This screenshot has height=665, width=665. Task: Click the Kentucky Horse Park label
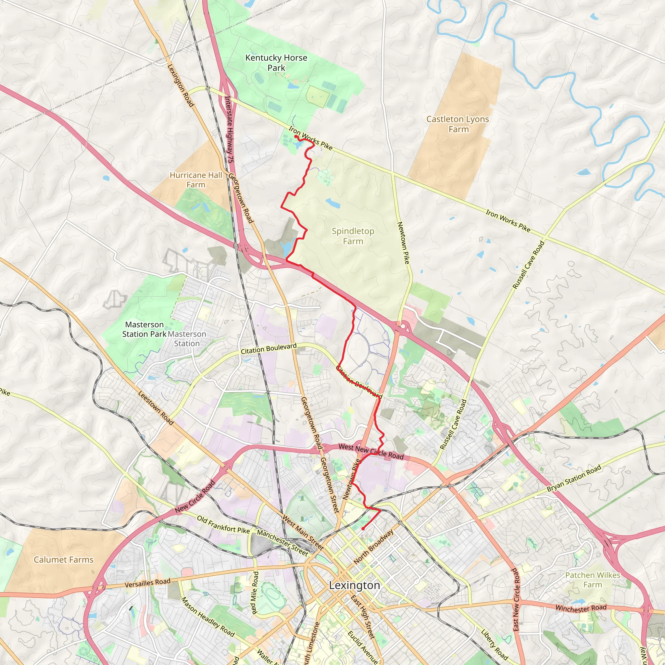coord(276,63)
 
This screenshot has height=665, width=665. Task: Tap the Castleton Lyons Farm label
coord(458,124)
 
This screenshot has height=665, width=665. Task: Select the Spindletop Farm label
coord(353,236)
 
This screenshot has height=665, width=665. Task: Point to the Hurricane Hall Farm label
coord(196,180)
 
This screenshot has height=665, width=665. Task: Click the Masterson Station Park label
coord(144,329)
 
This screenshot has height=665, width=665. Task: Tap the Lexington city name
coord(354,585)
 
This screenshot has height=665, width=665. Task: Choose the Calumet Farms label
coord(63,559)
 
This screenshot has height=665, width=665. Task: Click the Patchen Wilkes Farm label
coord(593,580)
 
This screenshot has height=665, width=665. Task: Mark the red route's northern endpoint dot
coord(296,137)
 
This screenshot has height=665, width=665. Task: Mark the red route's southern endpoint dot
coord(363,528)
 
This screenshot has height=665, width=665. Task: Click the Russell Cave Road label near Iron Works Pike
coord(528,265)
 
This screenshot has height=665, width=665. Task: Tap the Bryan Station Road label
coord(574,478)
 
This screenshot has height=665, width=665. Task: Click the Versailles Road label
coord(147,583)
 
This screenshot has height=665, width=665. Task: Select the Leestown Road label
coord(156,408)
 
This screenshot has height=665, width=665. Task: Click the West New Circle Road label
coord(371,451)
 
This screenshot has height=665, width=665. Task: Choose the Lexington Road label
coord(181,85)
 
